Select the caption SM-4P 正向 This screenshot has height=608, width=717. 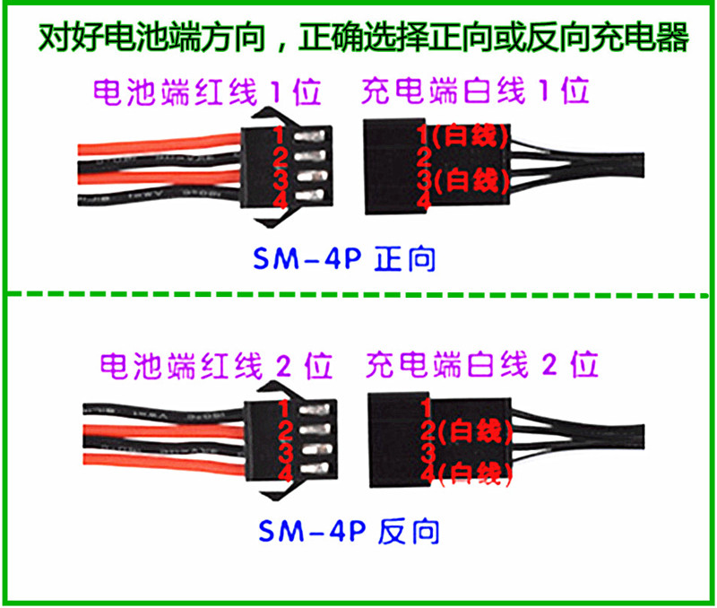click(345, 259)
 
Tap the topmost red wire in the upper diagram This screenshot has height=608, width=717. click(161, 141)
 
